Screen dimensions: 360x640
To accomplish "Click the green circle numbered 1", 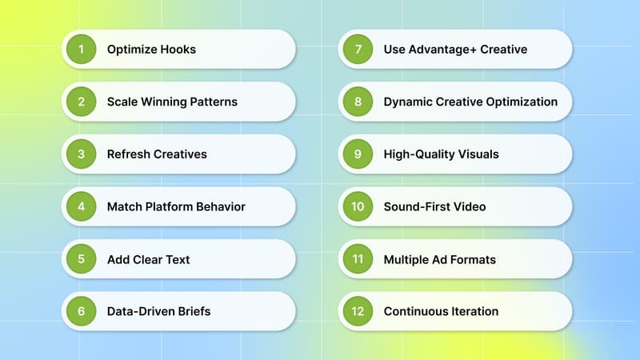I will pos(81,50).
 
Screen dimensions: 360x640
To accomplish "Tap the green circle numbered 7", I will pos(358,50).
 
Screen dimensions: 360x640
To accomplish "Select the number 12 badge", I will pos(358,311).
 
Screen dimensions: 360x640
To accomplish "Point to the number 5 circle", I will pos(81,259).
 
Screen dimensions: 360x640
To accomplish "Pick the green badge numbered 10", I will pos(358,206).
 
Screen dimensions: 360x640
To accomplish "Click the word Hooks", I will pos(178,50).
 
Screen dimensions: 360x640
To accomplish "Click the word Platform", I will pos(171,206).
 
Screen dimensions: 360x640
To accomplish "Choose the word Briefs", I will pos(193,311).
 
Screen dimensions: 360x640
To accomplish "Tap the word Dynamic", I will pos(407,102).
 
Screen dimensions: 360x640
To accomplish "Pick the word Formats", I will pos(473,259).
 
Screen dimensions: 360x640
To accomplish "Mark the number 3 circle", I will pos(81,154).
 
